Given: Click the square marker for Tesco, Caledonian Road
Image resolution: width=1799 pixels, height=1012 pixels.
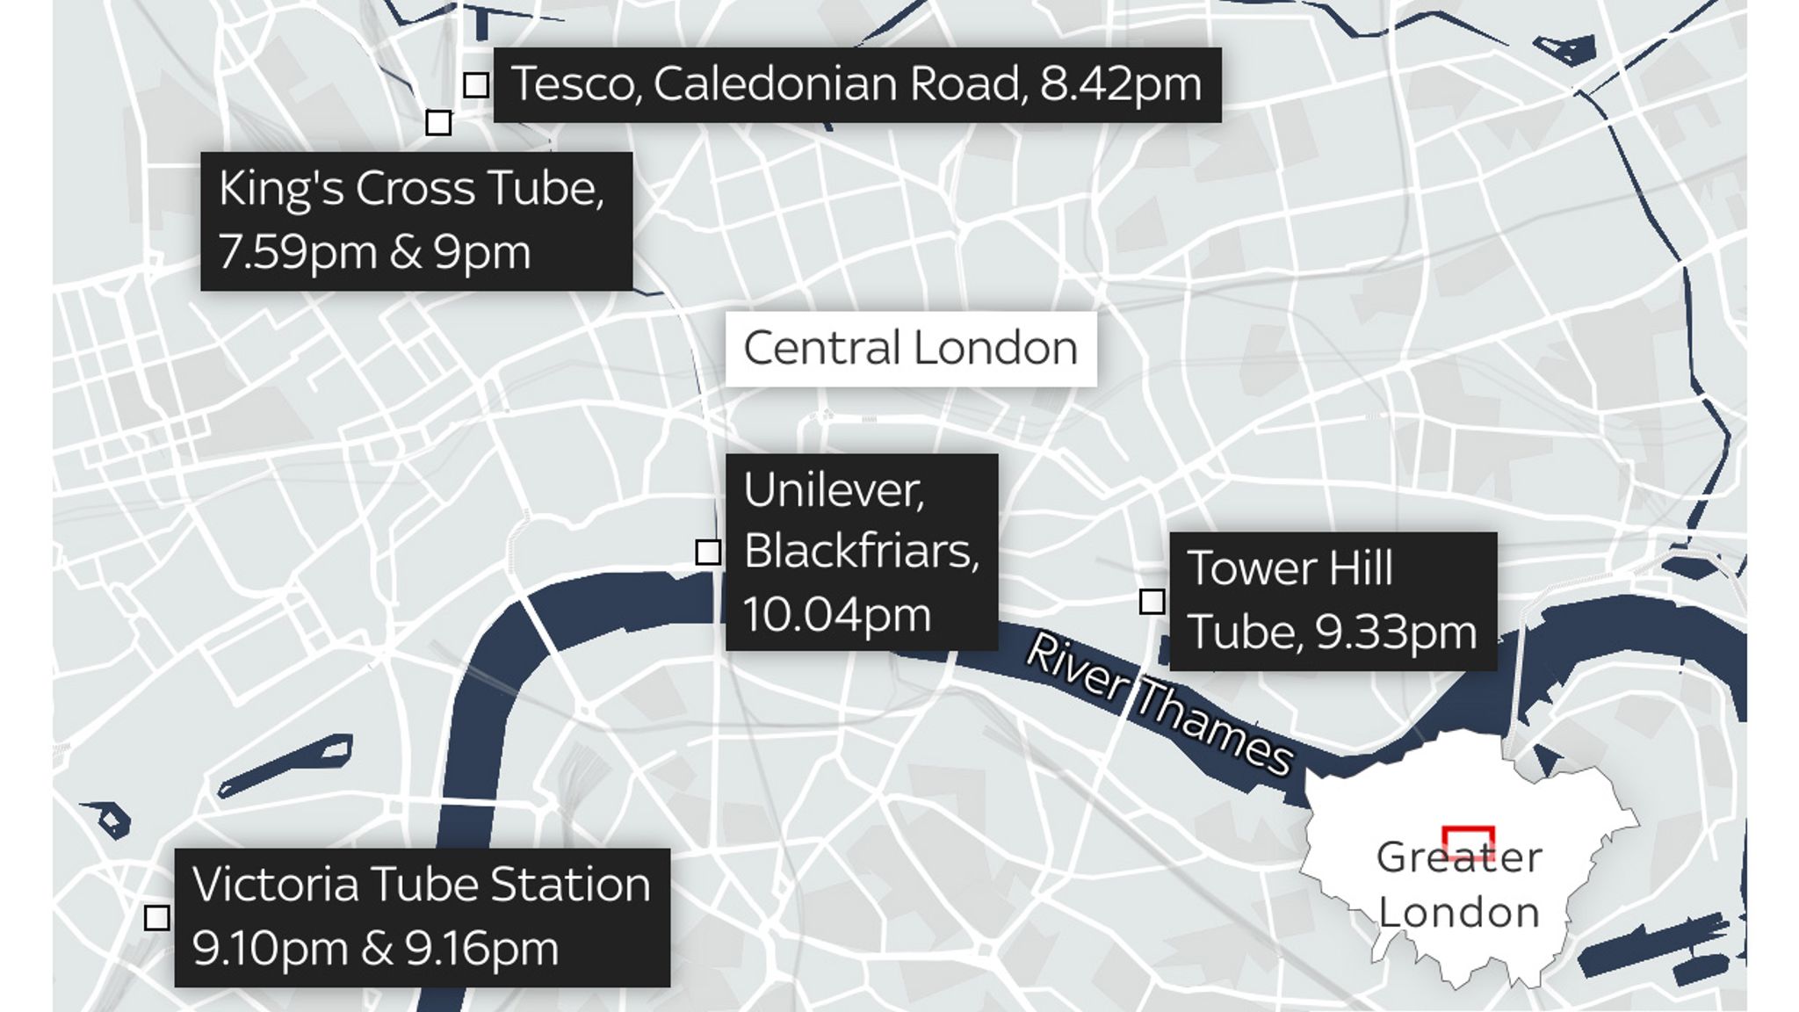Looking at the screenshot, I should point(476,85).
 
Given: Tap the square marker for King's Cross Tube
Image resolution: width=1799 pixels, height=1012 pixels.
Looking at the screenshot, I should point(438,122).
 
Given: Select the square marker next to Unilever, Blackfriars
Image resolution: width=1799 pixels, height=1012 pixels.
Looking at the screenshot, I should point(708,552).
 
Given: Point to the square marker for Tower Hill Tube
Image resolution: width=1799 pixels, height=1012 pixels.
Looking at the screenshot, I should point(1152,602).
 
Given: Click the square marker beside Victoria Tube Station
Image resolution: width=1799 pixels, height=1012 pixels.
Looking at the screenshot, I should point(157,917).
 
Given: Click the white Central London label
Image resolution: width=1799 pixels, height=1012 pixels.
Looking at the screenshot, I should point(910,348).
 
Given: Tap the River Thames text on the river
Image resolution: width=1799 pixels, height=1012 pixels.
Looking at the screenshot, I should point(1158,703).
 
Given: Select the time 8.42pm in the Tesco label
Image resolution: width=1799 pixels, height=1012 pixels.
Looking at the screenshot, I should point(1120,84).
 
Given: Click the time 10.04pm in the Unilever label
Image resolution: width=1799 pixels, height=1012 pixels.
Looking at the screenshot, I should point(836,614).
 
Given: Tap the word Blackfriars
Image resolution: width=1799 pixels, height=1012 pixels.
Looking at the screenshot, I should point(860,552).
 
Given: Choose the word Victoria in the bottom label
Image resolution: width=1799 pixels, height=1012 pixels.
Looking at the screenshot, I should point(275,884).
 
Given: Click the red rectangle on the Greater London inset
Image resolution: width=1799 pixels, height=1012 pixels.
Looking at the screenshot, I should point(1468,842).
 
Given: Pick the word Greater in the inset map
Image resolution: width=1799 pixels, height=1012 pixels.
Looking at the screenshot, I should point(1458,857).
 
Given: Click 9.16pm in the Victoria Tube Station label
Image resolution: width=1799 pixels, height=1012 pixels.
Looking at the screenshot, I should point(481,949).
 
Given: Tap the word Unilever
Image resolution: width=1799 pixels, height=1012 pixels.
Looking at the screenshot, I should point(833,489).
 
